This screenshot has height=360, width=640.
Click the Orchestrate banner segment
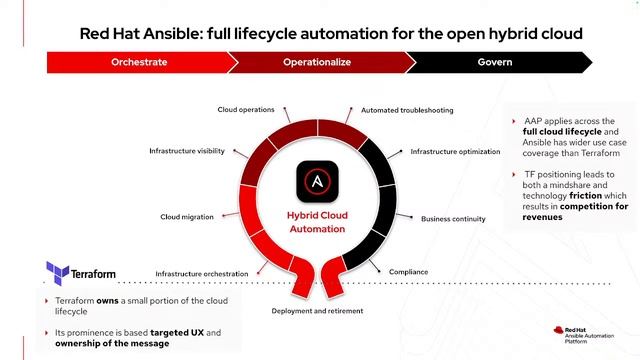139,62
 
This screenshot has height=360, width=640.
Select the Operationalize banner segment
316,62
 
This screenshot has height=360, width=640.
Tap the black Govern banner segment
494,62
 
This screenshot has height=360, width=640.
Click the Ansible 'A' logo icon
316,183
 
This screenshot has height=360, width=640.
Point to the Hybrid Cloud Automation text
316,221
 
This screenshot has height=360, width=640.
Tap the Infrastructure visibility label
187,151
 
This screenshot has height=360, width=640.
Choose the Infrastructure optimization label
455,152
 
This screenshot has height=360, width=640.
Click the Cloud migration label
186,216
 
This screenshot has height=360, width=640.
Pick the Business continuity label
453,218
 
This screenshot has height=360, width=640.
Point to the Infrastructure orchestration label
202,273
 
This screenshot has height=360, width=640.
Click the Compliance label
409,271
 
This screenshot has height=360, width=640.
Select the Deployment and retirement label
317,311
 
